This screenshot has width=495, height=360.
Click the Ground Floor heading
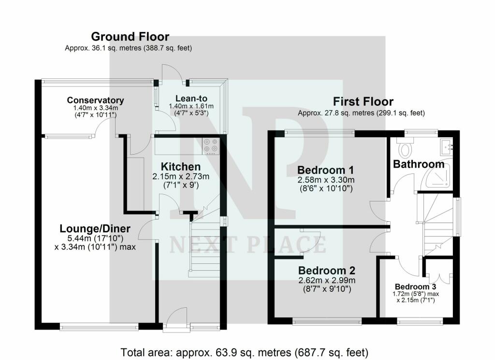(x=130, y=37)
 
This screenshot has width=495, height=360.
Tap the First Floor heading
(x=363, y=101)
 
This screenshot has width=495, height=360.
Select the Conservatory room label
(x=95, y=100)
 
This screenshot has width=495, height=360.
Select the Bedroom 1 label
(x=325, y=170)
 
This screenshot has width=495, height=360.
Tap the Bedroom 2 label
(x=327, y=270)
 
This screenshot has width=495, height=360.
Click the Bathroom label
(x=418, y=164)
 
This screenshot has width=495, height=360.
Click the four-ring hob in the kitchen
(x=211, y=145)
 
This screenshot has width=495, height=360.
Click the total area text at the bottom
(x=245, y=351)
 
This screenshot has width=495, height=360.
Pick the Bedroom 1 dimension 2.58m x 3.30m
(x=326, y=180)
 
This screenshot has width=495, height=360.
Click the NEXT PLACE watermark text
(x=247, y=245)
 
